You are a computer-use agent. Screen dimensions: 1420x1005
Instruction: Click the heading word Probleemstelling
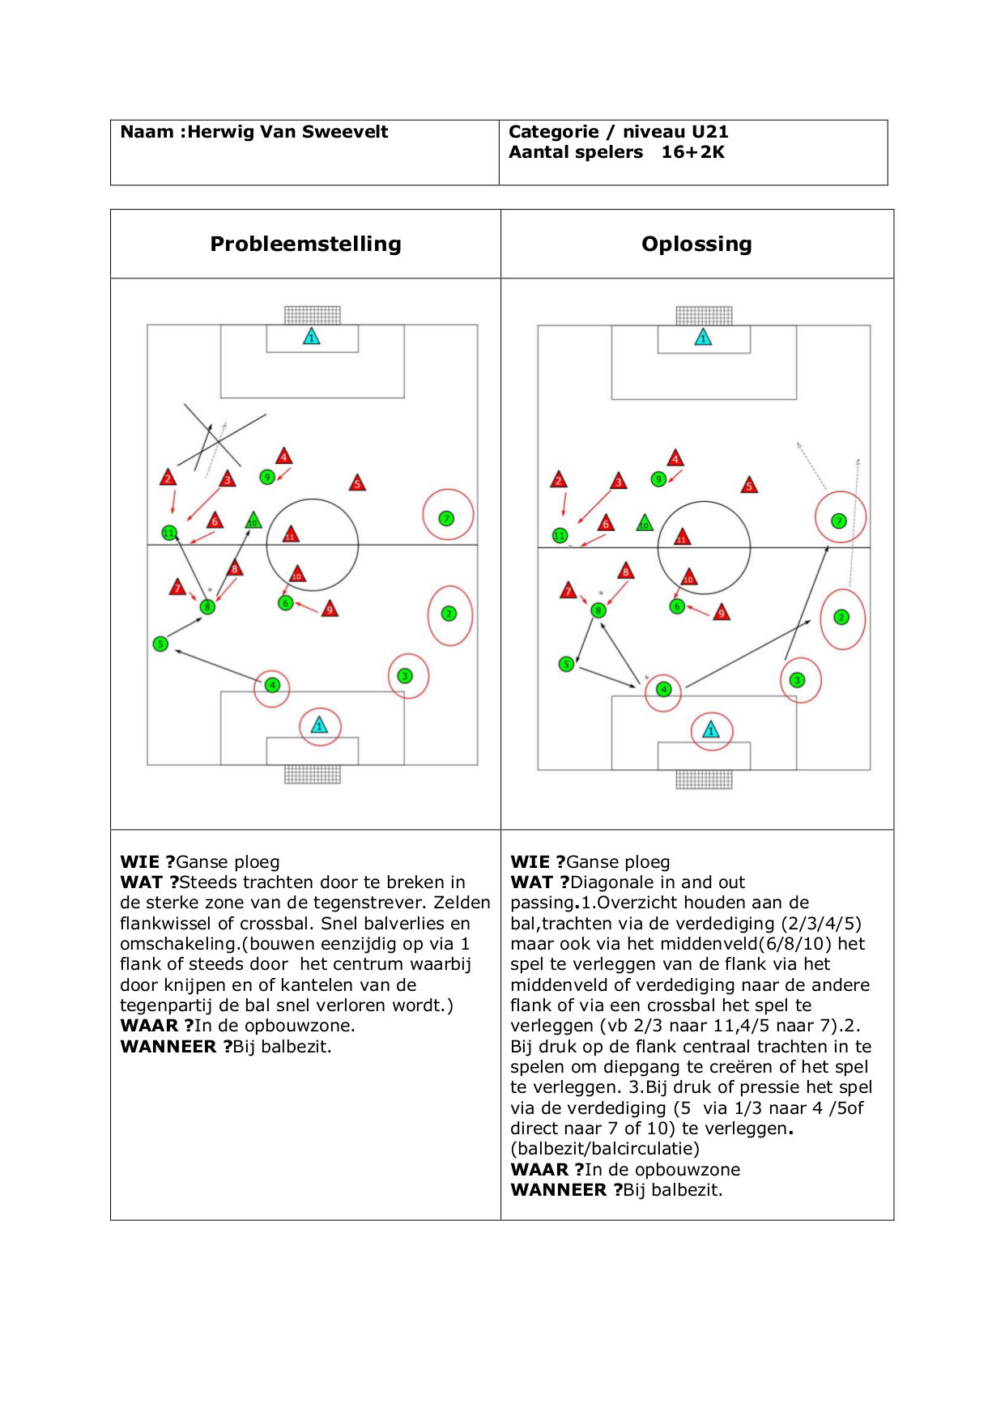305,244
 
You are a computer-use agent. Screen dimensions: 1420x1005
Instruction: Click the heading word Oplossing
696,244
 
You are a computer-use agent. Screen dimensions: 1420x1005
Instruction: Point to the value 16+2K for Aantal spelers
692,152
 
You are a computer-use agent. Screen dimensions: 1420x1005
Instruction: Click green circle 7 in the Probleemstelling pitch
446,518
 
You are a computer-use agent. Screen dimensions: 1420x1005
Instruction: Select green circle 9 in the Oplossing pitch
658,479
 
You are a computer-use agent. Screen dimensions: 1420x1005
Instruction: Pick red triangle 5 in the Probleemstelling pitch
357,484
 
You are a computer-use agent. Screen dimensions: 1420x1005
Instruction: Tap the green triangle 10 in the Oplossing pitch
645,523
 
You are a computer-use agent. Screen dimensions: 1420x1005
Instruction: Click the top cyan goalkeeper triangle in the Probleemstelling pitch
312,337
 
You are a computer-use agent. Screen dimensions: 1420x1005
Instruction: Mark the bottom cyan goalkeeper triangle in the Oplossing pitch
711,730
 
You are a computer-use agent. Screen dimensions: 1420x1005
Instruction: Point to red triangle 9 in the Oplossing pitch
722,613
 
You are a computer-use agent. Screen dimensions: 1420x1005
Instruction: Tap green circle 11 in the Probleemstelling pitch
168,533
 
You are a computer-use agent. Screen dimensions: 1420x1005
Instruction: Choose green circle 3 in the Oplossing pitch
798,680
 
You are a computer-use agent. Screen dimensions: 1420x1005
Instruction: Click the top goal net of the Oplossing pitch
704,315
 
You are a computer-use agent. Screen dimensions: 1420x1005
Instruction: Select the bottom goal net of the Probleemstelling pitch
313,774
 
